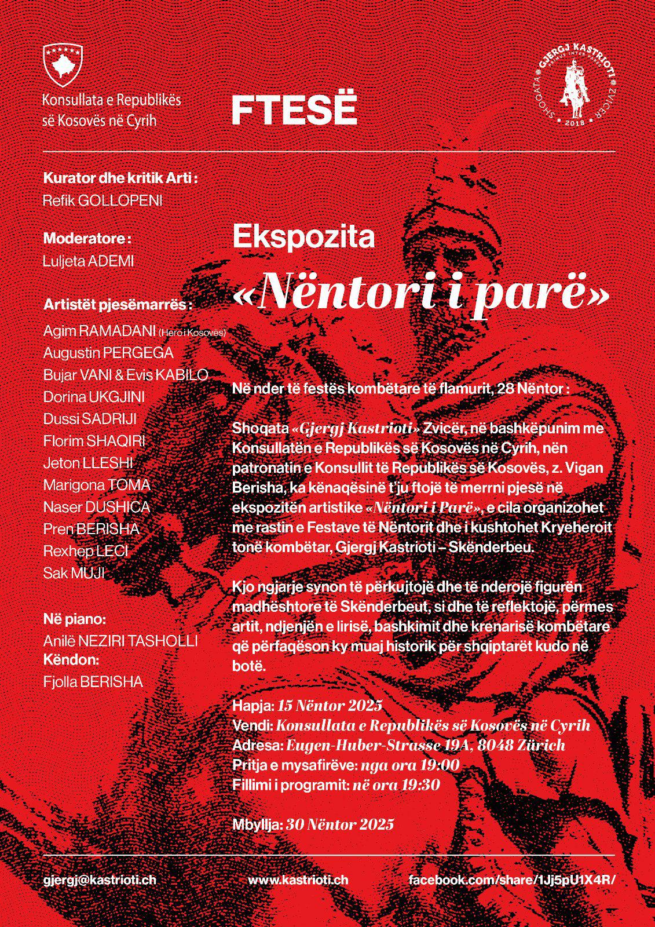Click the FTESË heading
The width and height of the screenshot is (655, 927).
(x=294, y=110)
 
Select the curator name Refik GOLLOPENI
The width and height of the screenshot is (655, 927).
(x=103, y=200)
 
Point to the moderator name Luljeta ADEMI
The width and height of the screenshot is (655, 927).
(x=88, y=261)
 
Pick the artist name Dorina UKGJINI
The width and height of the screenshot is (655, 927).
(x=94, y=397)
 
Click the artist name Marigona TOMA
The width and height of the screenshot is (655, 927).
(x=97, y=485)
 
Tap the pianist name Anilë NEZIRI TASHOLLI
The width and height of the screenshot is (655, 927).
(x=120, y=641)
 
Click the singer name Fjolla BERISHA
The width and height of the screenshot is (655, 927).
(x=93, y=682)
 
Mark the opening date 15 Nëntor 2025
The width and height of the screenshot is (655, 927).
(x=330, y=705)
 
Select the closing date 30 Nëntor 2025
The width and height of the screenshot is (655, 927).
(x=340, y=824)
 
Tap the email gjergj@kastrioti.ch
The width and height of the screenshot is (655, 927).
(x=100, y=879)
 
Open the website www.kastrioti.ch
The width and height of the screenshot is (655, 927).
(x=298, y=879)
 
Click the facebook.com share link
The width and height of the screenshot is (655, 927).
(x=510, y=879)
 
